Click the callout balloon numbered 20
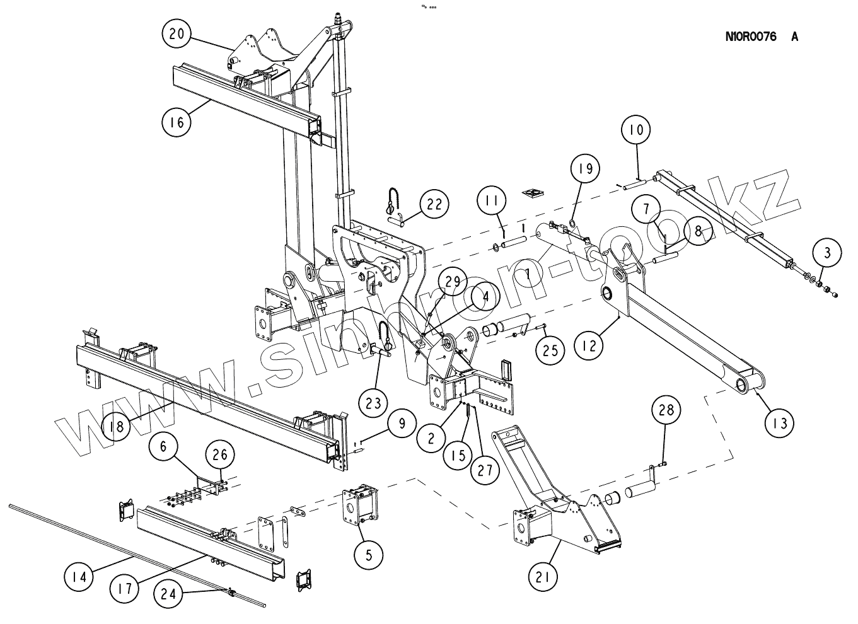[177, 34]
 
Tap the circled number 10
[637, 130]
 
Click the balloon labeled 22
[434, 204]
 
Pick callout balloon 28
[666, 410]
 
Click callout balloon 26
[220, 454]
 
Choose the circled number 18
[115, 426]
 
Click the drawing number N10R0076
[751, 37]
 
